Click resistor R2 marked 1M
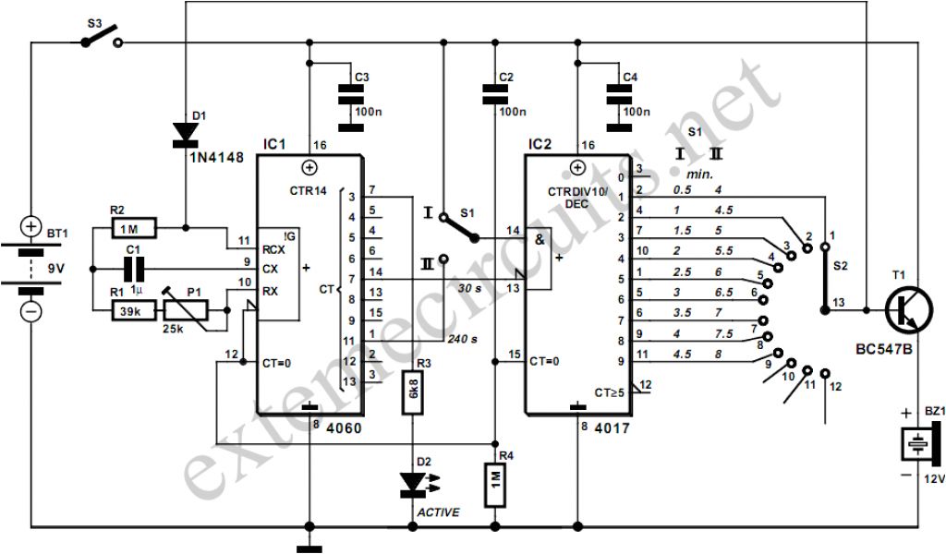(x=134, y=226)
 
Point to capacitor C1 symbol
(x=134, y=269)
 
